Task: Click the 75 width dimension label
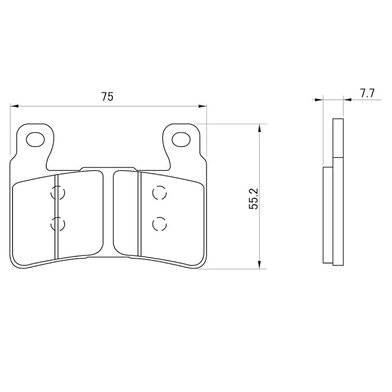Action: click(x=108, y=97)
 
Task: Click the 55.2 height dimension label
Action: click(x=254, y=199)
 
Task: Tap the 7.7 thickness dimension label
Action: click(x=367, y=94)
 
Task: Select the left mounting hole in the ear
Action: click(x=36, y=140)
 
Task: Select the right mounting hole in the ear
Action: click(x=181, y=139)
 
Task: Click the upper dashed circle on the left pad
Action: click(x=58, y=193)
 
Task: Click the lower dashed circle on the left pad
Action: click(x=58, y=224)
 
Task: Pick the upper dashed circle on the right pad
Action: click(x=159, y=193)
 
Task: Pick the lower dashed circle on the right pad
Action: click(x=159, y=224)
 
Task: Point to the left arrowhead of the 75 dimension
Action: click(x=15, y=106)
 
